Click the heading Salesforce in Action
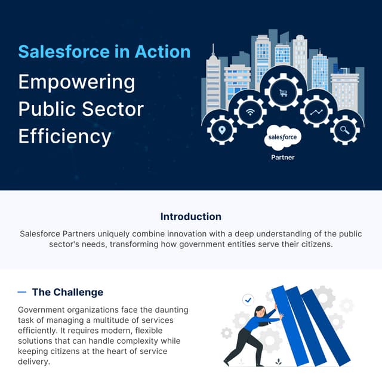[x=104, y=51]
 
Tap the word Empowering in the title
[x=76, y=81]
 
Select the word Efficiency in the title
[x=64, y=136]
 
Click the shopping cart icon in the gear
[x=284, y=93]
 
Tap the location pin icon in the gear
[x=222, y=130]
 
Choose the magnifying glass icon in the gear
[x=344, y=130]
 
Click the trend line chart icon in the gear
[x=316, y=112]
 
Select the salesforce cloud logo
[x=283, y=138]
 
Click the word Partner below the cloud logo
[x=283, y=158]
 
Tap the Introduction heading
[x=191, y=217]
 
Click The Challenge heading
[x=67, y=292]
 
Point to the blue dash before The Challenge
[x=22, y=292]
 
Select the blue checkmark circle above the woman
[x=248, y=299]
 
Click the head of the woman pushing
[x=261, y=311]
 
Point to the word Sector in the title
[x=114, y=109]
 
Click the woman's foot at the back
[x=227, y=362]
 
